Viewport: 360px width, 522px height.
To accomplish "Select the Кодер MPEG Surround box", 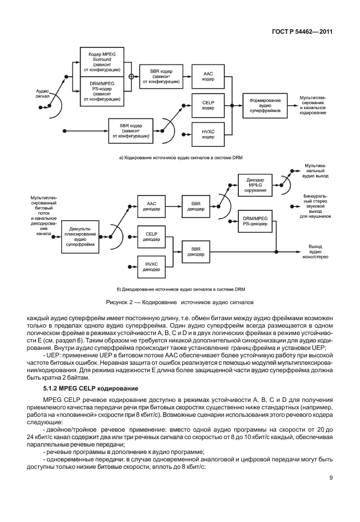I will [x=101, y=62].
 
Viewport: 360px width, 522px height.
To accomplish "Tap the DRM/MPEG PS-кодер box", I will [x=101, y=91].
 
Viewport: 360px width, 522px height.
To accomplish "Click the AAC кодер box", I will [x=208, y=77].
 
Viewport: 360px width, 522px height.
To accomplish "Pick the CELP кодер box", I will [x=208, y=105].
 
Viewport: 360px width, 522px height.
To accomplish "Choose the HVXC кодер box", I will [x=208, y=134].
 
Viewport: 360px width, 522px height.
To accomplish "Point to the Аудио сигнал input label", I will [x=43, y=93].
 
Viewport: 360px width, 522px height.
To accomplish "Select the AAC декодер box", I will [x=151, y=205].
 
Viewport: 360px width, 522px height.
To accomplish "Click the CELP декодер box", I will [x=151, y=236].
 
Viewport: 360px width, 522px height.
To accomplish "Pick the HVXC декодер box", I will [x=151, y=266].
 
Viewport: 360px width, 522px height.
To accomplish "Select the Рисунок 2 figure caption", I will [x=179, y=301].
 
